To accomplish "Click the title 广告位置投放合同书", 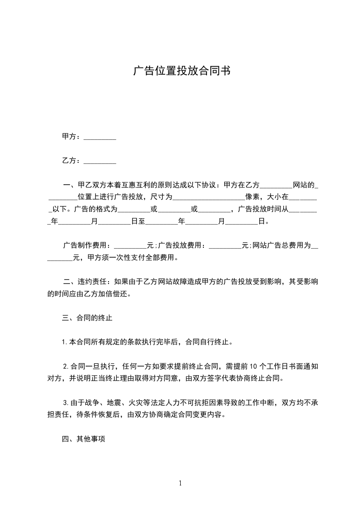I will pos(180,71).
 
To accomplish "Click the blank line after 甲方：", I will pos(100,137).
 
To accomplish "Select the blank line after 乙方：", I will pos(100,161).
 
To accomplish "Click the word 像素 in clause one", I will pos(252,197).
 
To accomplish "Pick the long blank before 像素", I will pos(209,198).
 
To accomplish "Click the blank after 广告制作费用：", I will pos(130,246).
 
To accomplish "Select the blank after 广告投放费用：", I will pos(225,246).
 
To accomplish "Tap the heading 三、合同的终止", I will pos(87,318).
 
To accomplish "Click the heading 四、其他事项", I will pos(84,439).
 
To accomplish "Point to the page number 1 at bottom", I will pos(180,483).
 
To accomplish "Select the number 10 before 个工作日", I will pos(254,367).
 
